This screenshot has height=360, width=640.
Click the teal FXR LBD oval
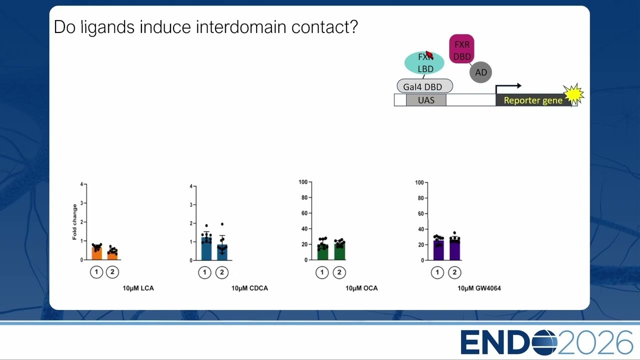[424, 63]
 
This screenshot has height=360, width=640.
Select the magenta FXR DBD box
[461, 49]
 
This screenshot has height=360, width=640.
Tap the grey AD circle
[480, 72]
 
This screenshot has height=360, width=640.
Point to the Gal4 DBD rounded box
[425, 86]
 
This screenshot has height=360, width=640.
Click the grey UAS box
[426, 100]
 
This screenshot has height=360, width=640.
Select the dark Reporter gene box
[533, 100]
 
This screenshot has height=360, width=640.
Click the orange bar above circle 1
[97, 253]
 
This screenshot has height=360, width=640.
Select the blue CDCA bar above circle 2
[222, 252]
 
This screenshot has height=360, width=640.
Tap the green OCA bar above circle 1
[322, 252]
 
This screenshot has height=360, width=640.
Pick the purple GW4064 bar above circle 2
[455, 249]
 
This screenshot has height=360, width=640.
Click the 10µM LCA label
[138, 288]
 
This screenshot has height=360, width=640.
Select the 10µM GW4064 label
[479, 288]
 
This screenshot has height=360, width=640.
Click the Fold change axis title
[74, 221]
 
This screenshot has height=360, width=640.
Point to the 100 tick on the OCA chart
[303, 182]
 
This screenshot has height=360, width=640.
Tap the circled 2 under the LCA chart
[112, 272]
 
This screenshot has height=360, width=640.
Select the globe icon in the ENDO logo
[544, 342]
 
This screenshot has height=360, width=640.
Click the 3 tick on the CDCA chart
[191, 205]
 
